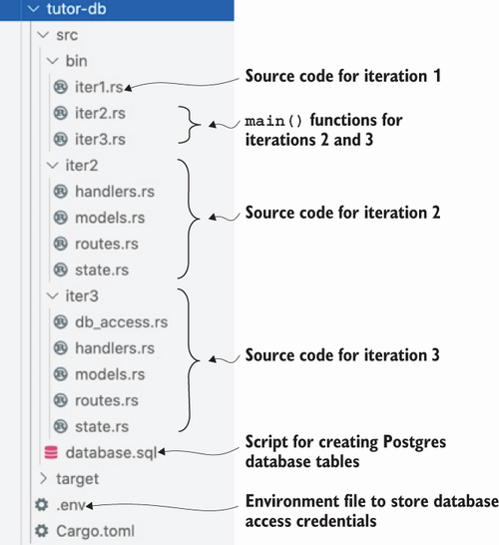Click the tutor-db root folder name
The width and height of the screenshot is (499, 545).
coord(76,9)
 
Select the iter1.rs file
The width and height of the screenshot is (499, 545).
coord(99,87)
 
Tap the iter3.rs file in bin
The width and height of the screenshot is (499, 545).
coord(100,140)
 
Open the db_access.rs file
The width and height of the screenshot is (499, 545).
coord(122,322)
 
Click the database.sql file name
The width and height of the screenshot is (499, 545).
coord(111,453)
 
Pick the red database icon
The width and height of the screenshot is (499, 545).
coord(51,452)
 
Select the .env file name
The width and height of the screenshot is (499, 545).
coord(71,505)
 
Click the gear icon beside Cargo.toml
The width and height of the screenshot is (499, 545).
coord(42,531)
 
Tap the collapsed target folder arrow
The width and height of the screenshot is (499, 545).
coord(44,478)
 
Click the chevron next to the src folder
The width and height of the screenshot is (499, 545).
coord(43,35)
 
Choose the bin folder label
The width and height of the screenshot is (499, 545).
coord(77,61)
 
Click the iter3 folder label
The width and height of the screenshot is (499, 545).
coord(82,296)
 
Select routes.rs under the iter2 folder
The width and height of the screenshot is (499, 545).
coord(107,244)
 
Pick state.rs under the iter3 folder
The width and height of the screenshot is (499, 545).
coord(102,427)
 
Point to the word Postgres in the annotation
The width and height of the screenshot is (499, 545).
coord(414,442)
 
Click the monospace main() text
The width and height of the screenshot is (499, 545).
coord(273,121)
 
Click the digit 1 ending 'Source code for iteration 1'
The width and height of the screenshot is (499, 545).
coord(437,76)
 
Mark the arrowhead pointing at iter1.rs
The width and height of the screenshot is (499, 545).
coord(128,88)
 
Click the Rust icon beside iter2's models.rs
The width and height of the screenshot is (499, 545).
coord(61,218)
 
